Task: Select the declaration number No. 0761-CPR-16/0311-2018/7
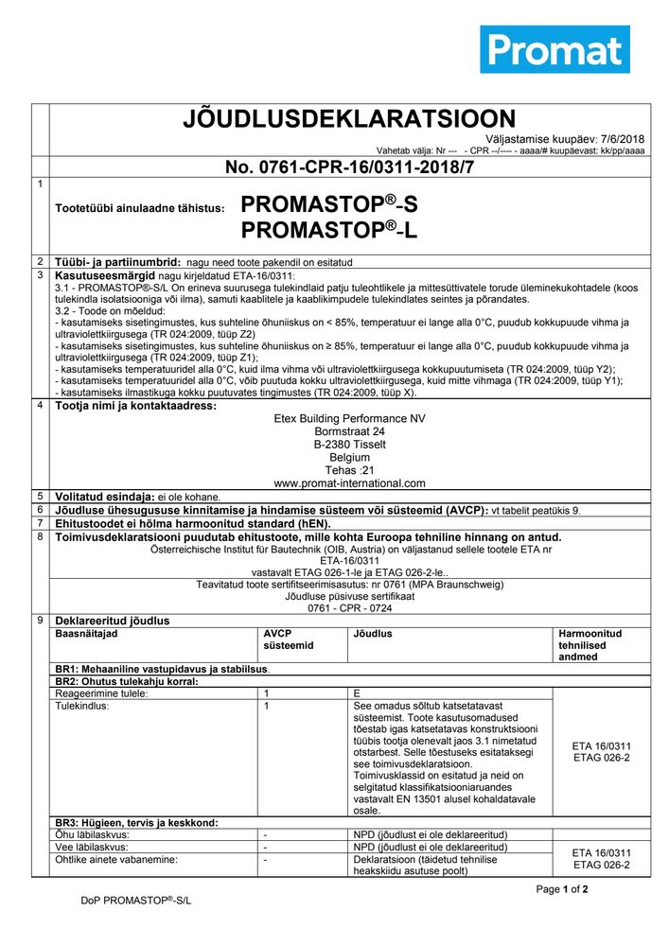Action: tap(349, 167)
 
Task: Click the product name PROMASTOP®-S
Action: tap(328, 204)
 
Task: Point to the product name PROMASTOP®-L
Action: tap(328, 230)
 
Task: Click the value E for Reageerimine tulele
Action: tap(356, 693)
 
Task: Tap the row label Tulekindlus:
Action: tap(83, 706)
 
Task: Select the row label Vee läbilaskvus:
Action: tap(92, 847)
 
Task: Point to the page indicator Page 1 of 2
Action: tap(562, 889)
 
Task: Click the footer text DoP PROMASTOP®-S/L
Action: tap(135, 901)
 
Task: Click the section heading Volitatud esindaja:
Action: tap(104, 497)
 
